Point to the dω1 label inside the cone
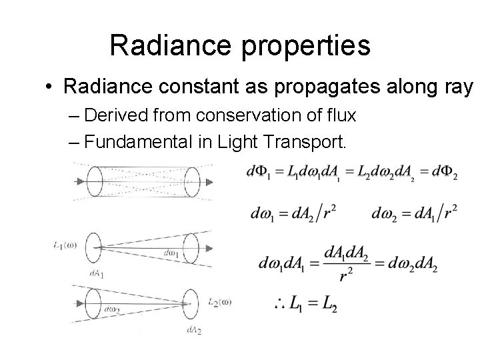coord(171,253)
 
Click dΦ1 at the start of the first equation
coord(259,173)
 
